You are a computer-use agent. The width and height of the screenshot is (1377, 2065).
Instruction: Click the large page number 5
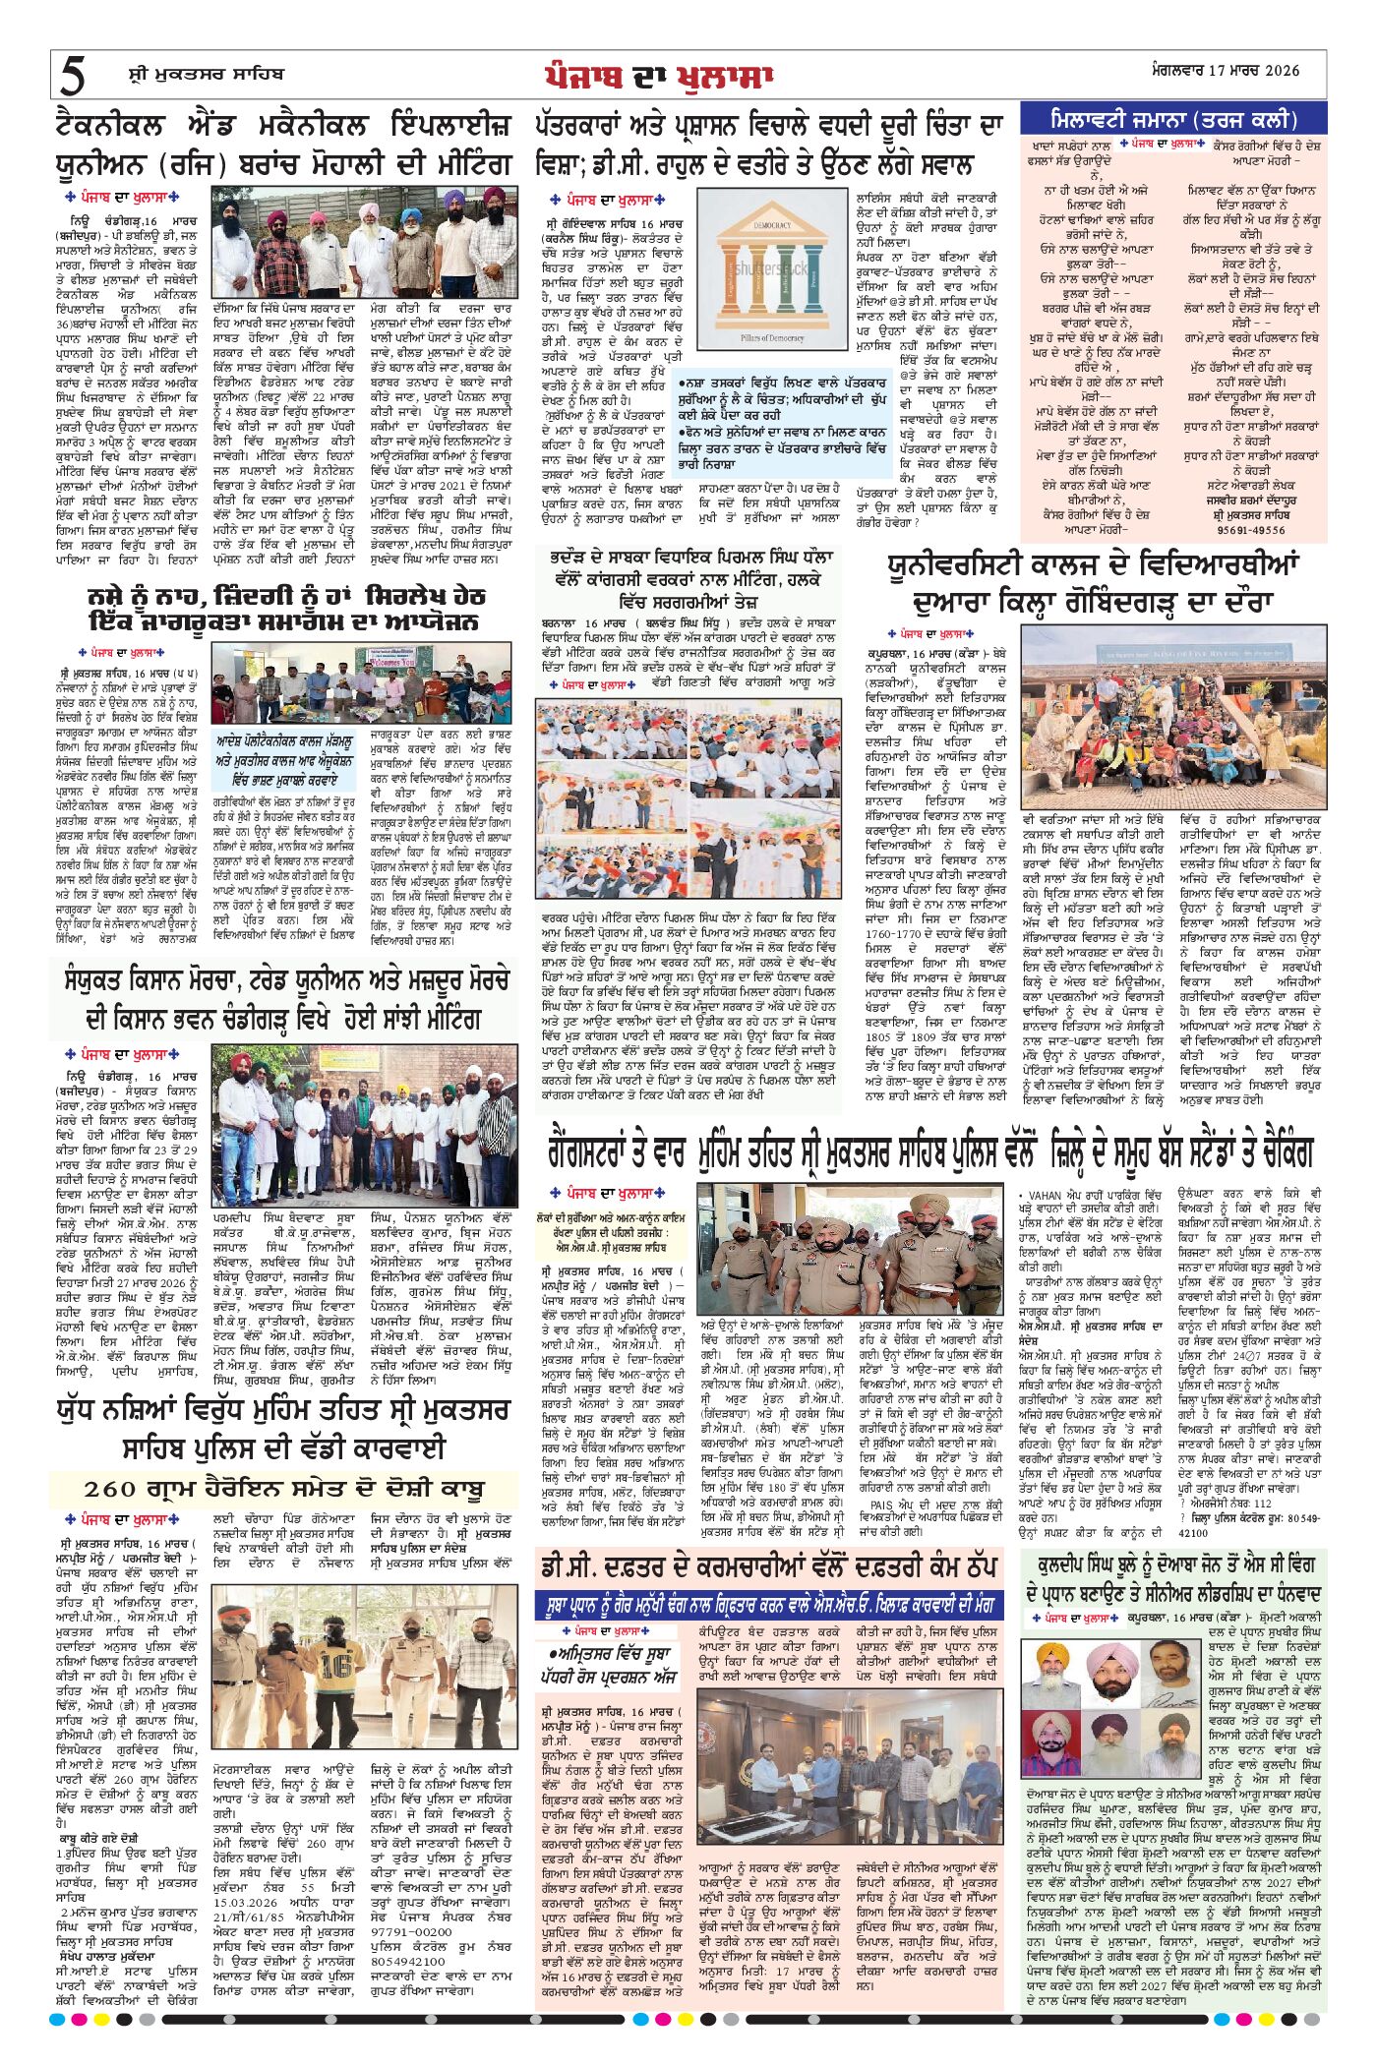pyautogui.click(x=74, y=74)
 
